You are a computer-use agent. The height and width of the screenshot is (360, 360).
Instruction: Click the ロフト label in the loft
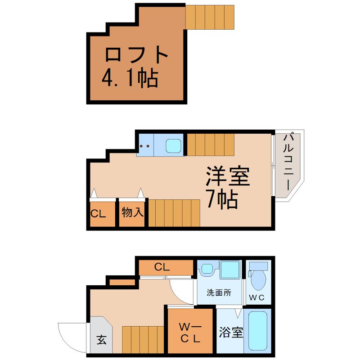(136, 54)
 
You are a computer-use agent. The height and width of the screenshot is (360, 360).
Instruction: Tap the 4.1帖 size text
(130, 77)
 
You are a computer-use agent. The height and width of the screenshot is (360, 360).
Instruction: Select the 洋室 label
(228, 176)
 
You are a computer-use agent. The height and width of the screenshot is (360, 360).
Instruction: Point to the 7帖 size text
(222, 199)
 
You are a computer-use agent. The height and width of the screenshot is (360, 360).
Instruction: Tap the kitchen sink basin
(174, 146)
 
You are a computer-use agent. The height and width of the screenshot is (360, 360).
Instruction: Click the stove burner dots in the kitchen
(144, 146)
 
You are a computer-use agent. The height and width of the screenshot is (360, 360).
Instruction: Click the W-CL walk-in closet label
(190, 333)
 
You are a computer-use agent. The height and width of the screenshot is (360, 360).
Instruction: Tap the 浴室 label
(231, 332)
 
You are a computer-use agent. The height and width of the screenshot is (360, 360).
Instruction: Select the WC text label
(256, 298)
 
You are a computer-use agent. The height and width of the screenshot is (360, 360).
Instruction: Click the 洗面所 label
(219, 293)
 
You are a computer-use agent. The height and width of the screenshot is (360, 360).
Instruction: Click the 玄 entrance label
(102, 340)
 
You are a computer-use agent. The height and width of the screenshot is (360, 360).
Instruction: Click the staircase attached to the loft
(210, 17)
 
